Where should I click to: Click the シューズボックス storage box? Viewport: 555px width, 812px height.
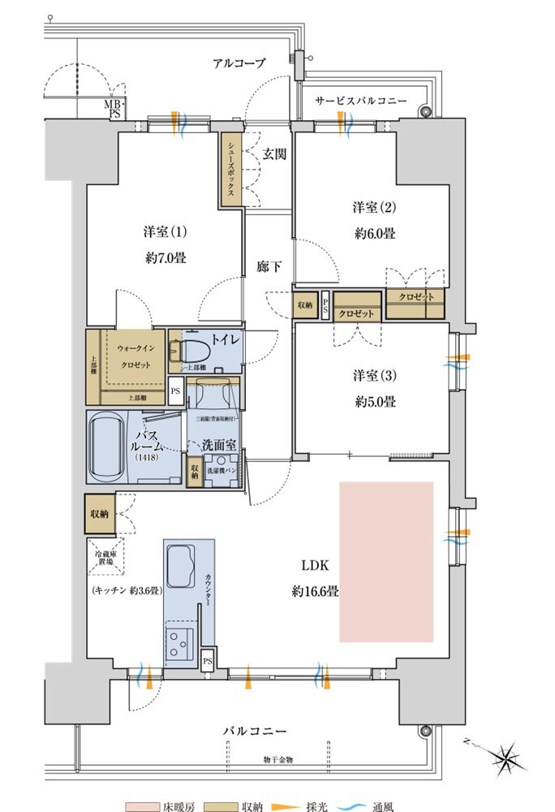coord(231,169)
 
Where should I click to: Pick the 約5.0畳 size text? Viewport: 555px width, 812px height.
coord(373,401)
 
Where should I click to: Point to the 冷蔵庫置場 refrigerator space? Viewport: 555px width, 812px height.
coord(103,558)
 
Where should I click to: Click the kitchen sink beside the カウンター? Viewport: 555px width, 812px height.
coord(180,564)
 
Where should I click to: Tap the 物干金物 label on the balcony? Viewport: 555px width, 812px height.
coord(277,760)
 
